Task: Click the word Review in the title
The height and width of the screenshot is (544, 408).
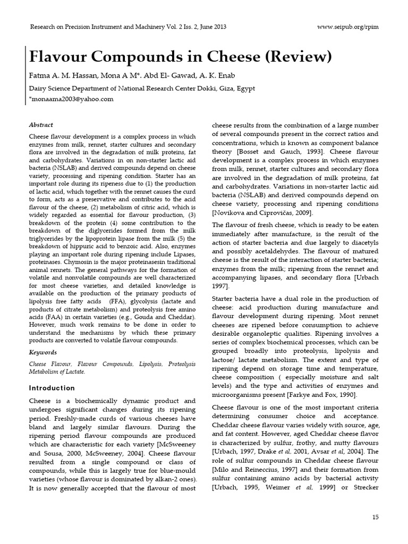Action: point(299,56)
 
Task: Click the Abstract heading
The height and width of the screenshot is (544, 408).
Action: point(41,125)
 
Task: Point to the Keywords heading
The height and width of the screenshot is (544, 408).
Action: point(42,352)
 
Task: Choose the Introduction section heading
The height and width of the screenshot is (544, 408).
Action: point(52,388)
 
